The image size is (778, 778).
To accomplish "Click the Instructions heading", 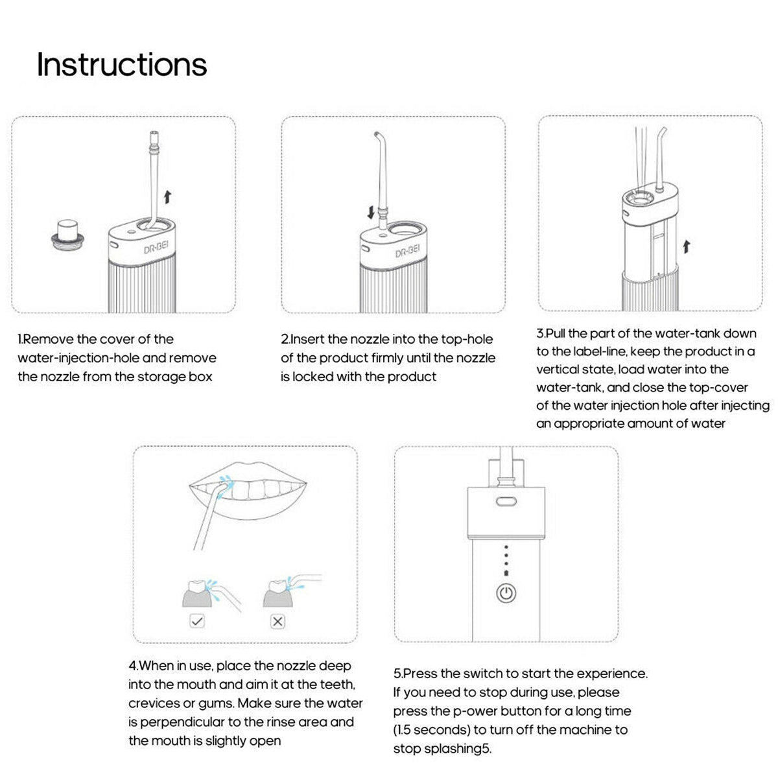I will click(121, 64).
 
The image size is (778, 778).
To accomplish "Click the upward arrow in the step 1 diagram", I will click(168, 197).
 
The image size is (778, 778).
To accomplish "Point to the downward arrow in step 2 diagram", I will click(370, 213).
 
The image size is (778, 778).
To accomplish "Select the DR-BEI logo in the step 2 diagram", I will click(408, 250).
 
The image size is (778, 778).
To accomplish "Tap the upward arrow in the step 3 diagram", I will click(687, 246).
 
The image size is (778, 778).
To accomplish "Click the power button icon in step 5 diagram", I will click(506, 593).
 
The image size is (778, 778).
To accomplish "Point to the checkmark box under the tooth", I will click(197, 621).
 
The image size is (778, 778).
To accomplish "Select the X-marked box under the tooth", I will click(277, 621).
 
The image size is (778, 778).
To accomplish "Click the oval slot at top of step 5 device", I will click(506, 501).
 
